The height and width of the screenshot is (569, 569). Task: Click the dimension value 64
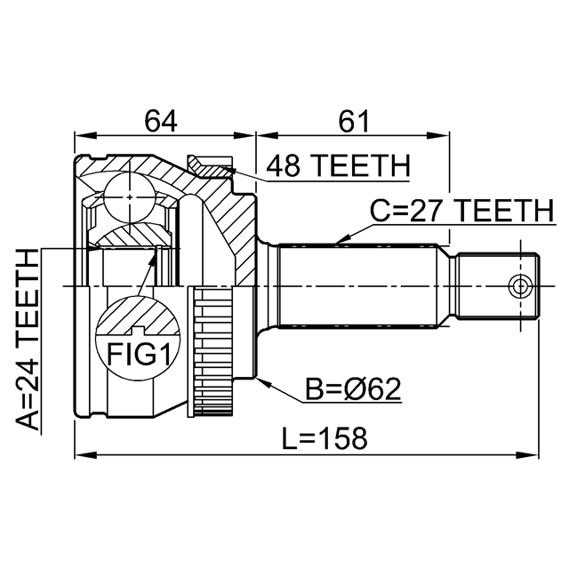tap(161, 121)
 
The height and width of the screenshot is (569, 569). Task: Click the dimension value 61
tap(354, 121)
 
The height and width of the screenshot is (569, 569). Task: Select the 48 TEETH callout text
tap(338, 165)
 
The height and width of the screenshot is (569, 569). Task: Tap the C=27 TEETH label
tap(462, 211)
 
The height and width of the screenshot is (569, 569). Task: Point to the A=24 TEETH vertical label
tap(28, 340)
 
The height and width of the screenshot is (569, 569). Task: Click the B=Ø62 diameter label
tap(353, 389)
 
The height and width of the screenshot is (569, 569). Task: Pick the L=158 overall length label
tap(325, 438)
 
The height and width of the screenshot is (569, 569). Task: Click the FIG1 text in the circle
tap(139, 355)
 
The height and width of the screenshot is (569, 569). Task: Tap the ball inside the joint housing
tap(130, 197)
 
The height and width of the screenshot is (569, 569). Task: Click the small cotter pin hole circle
tap(520, 286)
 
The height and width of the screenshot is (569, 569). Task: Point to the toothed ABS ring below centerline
tap(213, 351)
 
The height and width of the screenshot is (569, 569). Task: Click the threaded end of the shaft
tap(497, 286)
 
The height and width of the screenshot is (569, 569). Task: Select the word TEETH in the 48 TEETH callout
tap(360, 165)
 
